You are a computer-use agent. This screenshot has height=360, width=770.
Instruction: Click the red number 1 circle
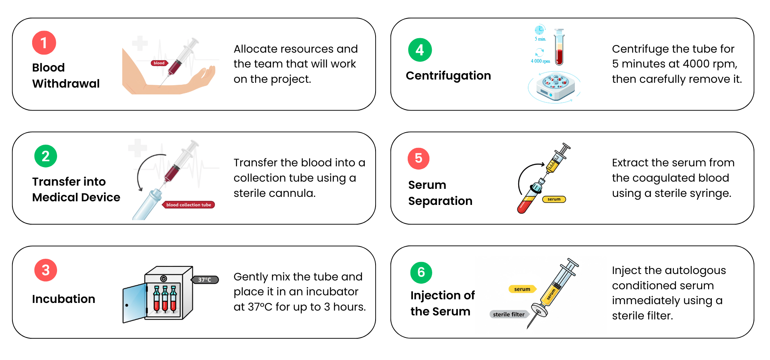[x=44, y=43]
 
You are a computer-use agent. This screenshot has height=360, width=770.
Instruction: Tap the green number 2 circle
[x=45, y=156]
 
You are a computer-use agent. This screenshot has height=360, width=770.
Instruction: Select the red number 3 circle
[x=45, y=270]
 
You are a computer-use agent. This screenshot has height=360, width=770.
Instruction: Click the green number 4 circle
[x=420, y=50]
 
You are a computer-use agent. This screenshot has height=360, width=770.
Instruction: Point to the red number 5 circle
[x=418, y=158]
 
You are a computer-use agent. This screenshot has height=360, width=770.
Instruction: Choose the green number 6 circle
[x=421, y=272]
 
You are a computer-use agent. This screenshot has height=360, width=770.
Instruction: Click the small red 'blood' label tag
[x=159, y=63]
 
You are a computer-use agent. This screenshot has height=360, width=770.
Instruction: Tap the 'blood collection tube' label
[x=188, y=205]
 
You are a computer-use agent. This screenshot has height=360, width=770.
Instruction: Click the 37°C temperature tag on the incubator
[x=205, y=280]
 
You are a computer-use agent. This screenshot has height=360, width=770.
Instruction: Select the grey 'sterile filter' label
[x=509, y=314]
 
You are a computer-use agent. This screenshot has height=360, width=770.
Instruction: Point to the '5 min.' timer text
[x=540, y=39]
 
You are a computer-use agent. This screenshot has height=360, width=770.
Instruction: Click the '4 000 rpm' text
[x=540, y=61]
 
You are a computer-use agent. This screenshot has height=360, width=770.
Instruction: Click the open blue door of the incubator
[x=134, y=303]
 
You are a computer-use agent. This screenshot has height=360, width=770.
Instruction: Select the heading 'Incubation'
[x=63, y=299]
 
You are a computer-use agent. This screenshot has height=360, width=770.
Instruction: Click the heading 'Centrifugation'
[x=448, y=76]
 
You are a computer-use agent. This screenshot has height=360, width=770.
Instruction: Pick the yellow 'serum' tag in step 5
[x=554, y=199]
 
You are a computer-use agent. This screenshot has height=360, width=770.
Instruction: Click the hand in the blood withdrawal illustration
[x=204, y=76]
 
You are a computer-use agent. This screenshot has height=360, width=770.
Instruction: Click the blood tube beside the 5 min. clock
[x=559, y=47]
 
